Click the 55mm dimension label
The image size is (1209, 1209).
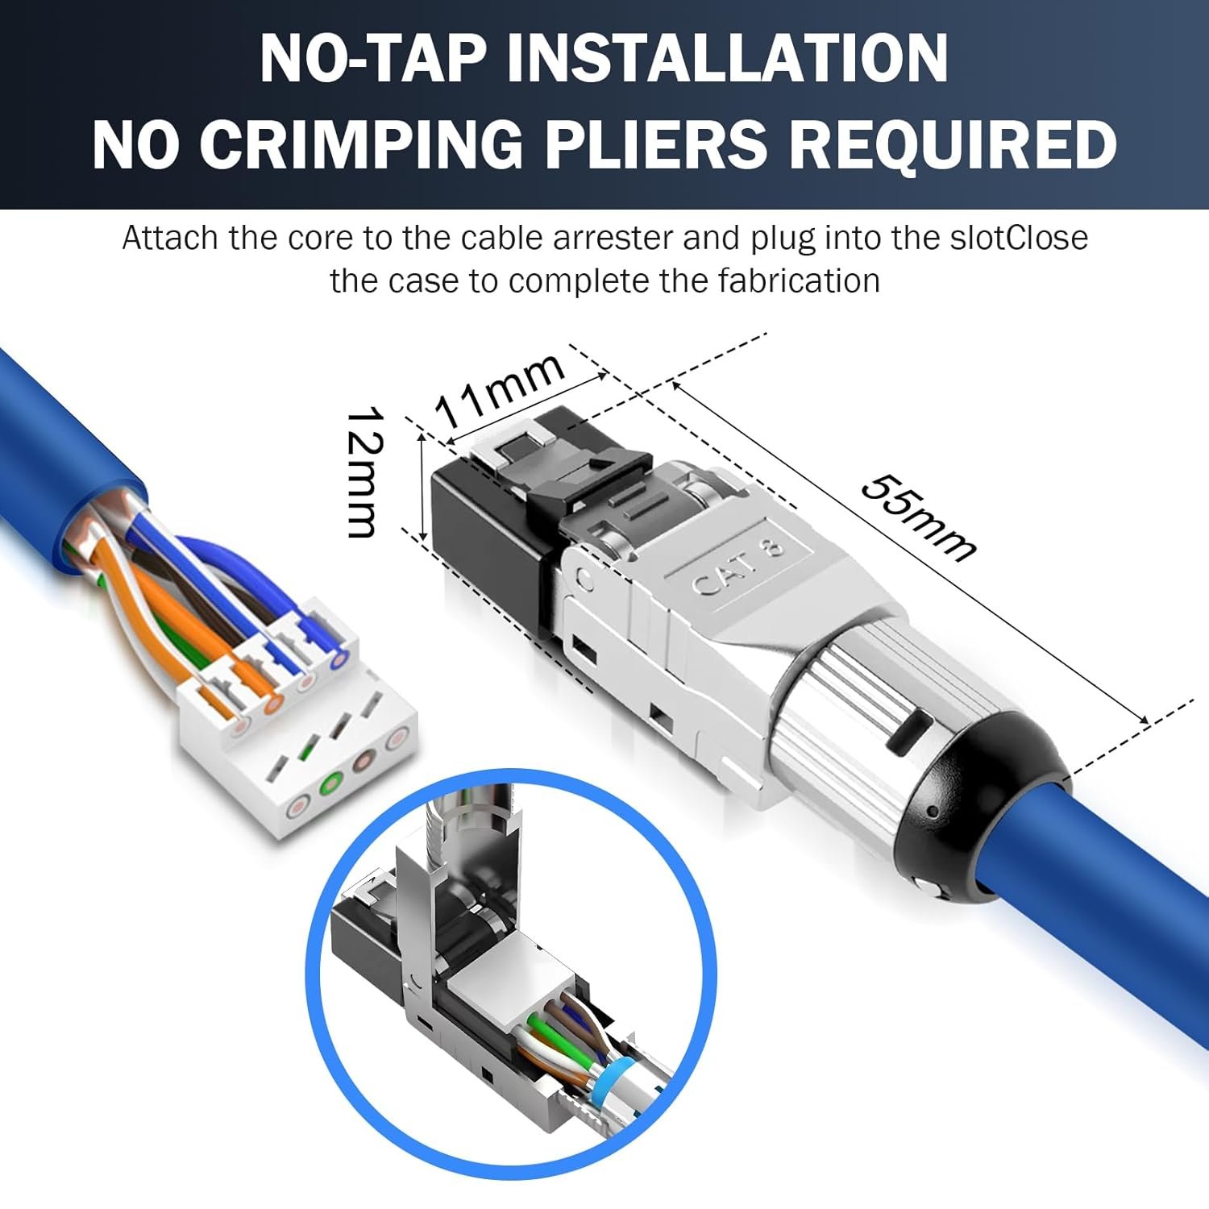[918, 517]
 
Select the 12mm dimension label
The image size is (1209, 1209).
[364, 472]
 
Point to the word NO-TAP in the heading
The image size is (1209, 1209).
[373, 58]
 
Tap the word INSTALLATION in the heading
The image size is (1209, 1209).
[727, 58]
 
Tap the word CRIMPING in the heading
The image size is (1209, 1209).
[361, 144]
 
